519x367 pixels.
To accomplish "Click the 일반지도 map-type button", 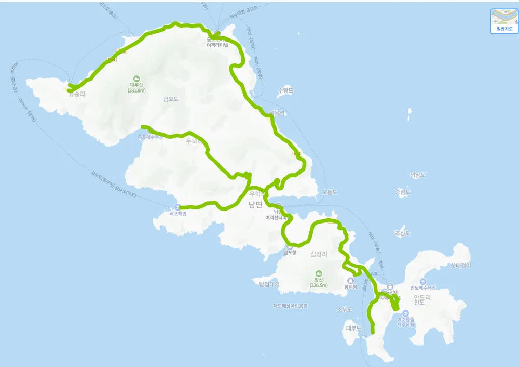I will point(504,21).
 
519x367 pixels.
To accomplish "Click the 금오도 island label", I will point(170,99).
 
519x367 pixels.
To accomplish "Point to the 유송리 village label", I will point(76,95).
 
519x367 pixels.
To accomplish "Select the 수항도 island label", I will point(285,90).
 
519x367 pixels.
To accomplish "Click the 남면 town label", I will point(255,205).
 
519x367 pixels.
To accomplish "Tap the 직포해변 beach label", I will point(177,213).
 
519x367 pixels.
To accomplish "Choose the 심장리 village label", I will point(319,254).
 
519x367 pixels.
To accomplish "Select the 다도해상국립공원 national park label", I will point(290,306).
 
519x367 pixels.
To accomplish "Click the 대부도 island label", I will point(353,328).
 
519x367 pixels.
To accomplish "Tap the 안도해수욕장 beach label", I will point(422,287).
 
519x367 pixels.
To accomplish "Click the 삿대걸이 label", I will point(460,265).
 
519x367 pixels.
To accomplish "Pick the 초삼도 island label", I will point(403,233).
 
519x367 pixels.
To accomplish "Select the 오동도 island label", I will point(330,192).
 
